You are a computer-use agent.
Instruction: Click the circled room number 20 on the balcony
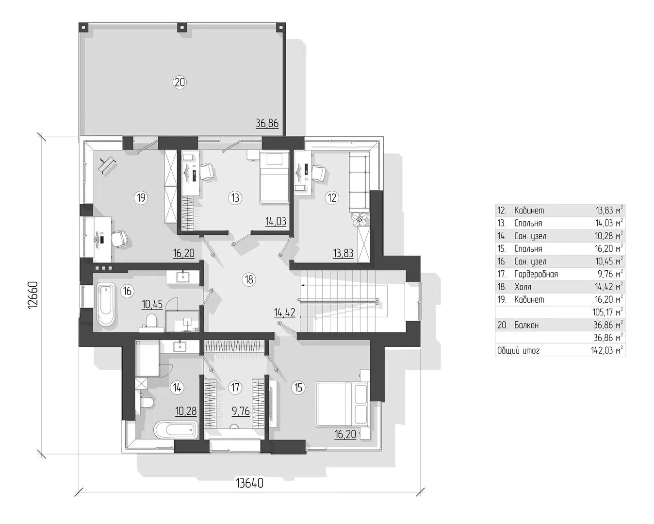pyautogui.click(x=180, y=82)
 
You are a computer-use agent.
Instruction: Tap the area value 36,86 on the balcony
pyautogui.click(x=267, y=123)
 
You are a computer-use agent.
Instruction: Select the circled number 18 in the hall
pyautogui.click(x=249, y=279)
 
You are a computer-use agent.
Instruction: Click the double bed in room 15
pyautogui.click(x=342, y=404)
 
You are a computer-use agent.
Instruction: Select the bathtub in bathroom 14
pyautogui.click(x=175, y=430)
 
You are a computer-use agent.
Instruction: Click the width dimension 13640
pyautogui.click(x=249, y=483)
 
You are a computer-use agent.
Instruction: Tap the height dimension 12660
pyautogui.click(x=33, y=295)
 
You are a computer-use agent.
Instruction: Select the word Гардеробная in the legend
pyautogui.click(x=536, y=274)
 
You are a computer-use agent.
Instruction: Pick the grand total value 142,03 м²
pyautogui.click(x=607, y=350)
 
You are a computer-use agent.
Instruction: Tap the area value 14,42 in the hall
pyautogui.click(x=284, y=312)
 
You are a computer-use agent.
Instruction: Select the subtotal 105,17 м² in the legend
pyautogui.click(x=608, y=312)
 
